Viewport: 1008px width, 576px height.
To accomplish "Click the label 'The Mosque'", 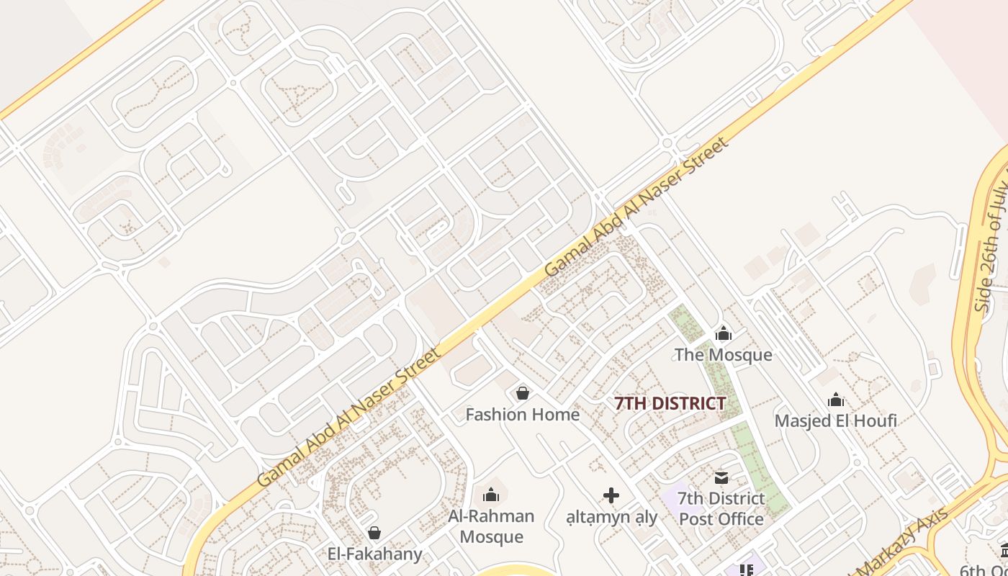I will click(x=723, y=355).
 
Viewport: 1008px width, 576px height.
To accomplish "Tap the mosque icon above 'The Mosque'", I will click(x=723, y=333).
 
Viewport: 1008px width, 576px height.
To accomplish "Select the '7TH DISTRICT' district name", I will click(x=670, y=403).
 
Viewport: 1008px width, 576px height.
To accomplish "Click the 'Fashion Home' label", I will click(x=522, y=415).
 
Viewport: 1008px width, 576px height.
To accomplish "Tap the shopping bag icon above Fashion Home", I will click(x=523, y=393).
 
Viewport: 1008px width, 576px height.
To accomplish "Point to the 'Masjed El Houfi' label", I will click(x=835, y=420).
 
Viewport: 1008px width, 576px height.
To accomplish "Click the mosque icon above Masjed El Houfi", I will click(x=835, y=400).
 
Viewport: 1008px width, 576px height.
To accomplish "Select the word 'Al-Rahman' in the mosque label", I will click(x=491, y=516).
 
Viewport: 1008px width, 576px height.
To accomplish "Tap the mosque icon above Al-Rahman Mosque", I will click(x=491, y=495).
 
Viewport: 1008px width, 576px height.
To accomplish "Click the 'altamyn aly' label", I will click(x=611, y=517).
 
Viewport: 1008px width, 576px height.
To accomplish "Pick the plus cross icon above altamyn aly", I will click(x=611, y=495).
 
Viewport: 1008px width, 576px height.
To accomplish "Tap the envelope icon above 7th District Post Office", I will click(x=721, y=477).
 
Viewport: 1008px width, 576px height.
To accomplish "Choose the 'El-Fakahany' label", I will click(x=374, y=554).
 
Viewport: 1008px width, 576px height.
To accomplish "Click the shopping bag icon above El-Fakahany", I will click(x=374, y=533).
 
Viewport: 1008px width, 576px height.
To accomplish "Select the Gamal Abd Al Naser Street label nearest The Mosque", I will click(x=636, y=207).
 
